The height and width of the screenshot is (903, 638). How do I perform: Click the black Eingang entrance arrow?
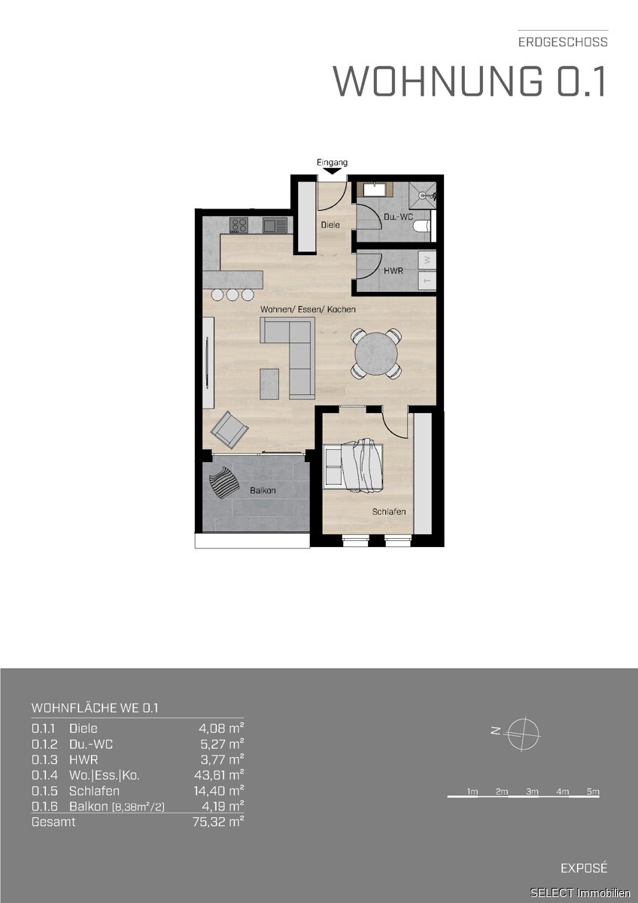point(332,171)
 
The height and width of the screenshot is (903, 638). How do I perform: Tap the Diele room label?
point(330,225)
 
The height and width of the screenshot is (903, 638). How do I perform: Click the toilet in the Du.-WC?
point(421,227)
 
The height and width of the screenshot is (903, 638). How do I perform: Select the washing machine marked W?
point(427,260)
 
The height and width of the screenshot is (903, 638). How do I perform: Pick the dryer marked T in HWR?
point(427,279)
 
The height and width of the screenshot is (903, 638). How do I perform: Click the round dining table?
point(376,354)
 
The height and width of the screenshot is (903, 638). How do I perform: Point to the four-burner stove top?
point(238,225)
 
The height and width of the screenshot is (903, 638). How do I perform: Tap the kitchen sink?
point(275,225)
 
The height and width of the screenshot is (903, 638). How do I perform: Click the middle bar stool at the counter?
point(232,295)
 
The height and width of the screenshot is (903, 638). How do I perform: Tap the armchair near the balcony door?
point(229,430)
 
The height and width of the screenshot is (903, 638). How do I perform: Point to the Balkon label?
point(263,491)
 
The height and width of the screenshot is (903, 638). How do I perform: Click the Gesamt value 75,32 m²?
point(218,822)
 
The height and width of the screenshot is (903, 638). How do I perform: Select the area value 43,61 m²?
point(219,775)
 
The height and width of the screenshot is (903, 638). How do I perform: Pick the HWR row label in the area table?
point(84,759)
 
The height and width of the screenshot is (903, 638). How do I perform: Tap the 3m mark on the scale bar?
point(532,792)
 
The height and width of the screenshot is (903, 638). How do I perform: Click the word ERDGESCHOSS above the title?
point(563,42)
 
